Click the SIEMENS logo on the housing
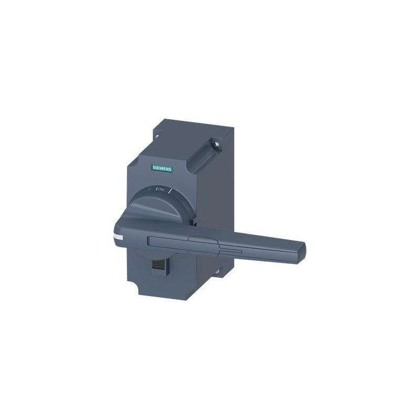[162, 168]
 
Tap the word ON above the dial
[161, 190]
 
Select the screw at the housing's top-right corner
[217, 145]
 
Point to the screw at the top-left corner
[156, 136]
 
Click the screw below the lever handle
[217, 271]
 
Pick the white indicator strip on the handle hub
[118, 237]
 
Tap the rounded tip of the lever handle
[302, 251]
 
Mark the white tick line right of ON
[169, 191]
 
